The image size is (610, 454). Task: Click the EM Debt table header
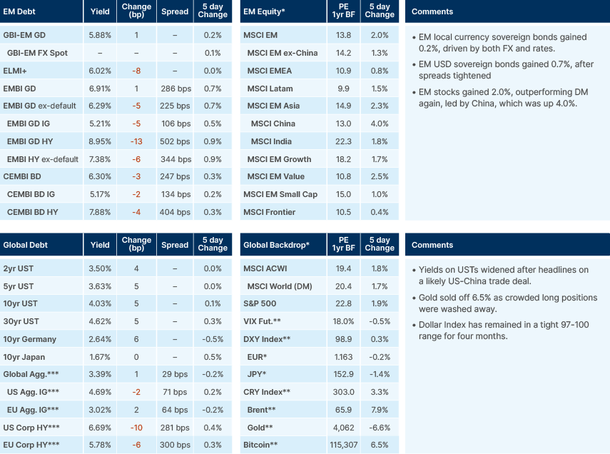tap(20, 12)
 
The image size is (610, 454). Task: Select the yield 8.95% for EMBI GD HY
tap(101, 141)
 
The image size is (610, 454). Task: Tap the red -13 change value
tap(136, 141)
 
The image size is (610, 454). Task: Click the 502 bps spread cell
tap(175, 141)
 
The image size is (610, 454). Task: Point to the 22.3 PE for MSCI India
tap(344, 141)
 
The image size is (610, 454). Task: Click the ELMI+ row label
tap(16, 71)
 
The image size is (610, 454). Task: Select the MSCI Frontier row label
tap(270, 212)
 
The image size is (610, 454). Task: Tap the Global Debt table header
tap(26, 245)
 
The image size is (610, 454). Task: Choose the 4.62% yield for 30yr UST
tap(101, 322)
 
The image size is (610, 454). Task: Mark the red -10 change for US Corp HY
tap(136, 428)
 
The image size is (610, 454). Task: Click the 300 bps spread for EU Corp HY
tap(175, 445)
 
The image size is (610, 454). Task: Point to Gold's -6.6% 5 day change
tap(380, 428)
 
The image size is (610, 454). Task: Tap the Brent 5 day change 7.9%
tap(380, 410)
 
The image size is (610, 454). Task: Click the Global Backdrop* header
tap(276, 245)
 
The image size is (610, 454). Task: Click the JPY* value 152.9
tap(344, 375)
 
